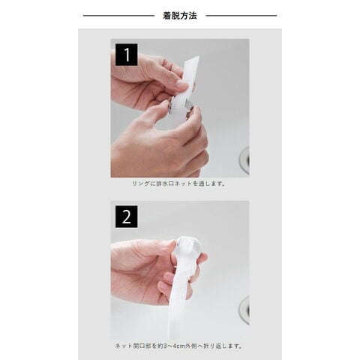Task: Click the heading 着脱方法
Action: pyautogui.click(x=180, y=16)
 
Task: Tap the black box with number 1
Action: pyautogui.click(x=127, y=55)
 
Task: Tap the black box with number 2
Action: pyautogui.click(x=127, y=217)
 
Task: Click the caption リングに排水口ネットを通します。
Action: pyautogui.click(x=179, y=184)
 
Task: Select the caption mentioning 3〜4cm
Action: pyautogui.click(x=179, y=346)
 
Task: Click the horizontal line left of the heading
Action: pyautogui.click(x=118, y=16)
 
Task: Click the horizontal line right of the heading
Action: pyautogui.click(x=241, y=16)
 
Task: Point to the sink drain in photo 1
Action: pyautogui.click(x=244, y=160)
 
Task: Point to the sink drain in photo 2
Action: pyautogui.click(x=244, y=310)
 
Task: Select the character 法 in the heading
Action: pyautogui.click(x=193, y=16)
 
